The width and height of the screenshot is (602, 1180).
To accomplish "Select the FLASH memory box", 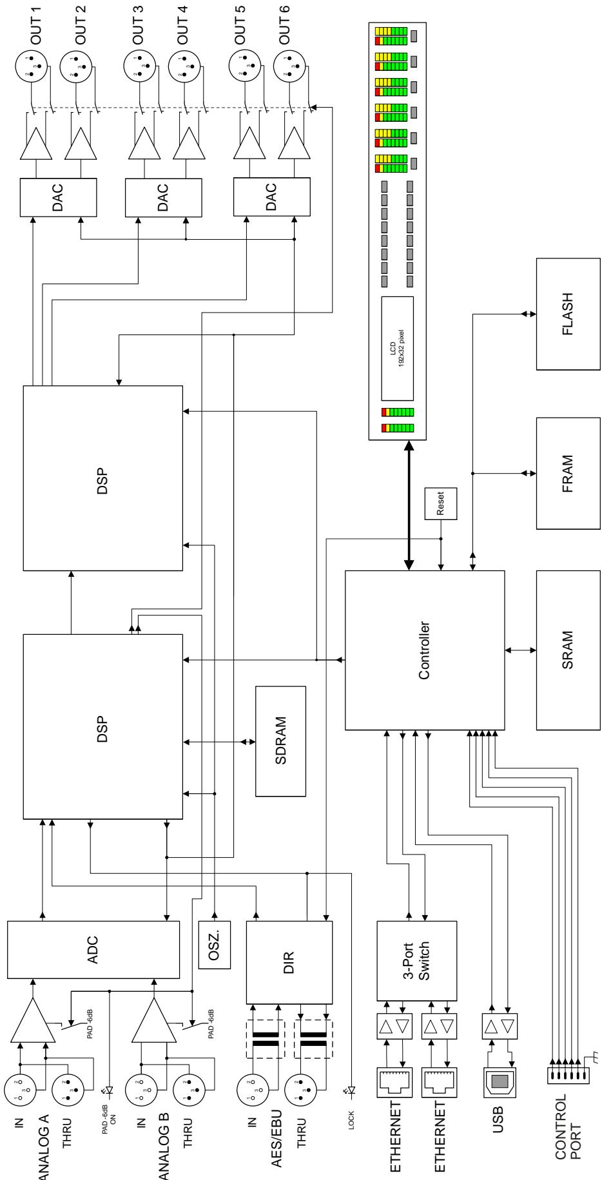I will [568, 313].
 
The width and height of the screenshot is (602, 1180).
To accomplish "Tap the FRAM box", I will [568, 473].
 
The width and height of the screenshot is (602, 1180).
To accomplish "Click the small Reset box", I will [441, 503].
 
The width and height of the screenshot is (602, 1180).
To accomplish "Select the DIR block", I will [289, 962].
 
